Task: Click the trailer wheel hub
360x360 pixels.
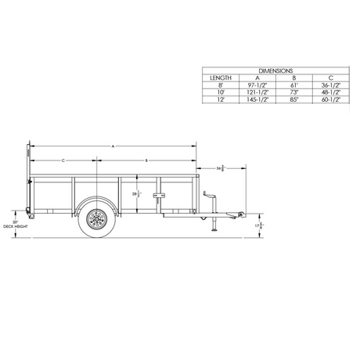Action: [98, 220]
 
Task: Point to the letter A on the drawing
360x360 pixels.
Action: [113, 146]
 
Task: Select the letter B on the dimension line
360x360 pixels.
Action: [146, 160]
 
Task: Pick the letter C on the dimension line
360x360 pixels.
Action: [62, 160]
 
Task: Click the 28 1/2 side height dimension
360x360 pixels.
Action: [135, 195]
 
